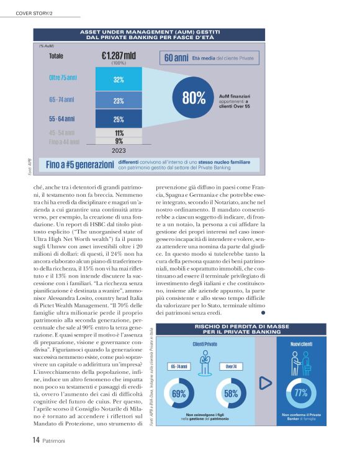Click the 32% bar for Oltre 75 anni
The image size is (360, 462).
[119, 79]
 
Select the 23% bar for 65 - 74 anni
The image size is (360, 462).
[119, 100]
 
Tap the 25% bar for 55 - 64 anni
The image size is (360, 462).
[119, 119]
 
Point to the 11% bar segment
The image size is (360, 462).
[119, 133]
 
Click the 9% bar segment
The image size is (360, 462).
[119, 141]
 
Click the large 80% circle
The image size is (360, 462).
[194, 97]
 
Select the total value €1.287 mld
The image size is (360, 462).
[119, 56]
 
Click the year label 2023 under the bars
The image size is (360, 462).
[119, 150]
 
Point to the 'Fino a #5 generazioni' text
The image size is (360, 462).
[79, 165]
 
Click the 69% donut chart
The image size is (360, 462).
[179, 393]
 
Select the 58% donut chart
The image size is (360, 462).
[231, 393]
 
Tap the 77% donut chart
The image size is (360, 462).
[302, 393]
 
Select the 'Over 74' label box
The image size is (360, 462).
[230, 366]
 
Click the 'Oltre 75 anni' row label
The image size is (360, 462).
[63, 78]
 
